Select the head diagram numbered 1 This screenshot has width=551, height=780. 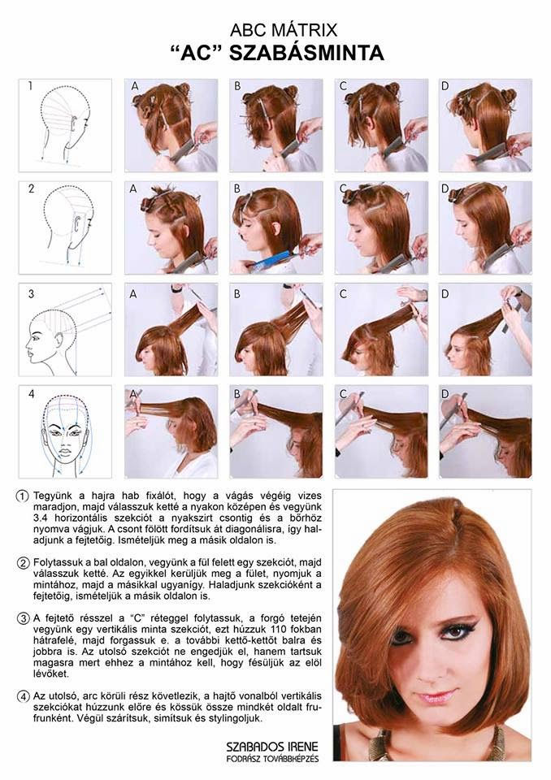(65, 125)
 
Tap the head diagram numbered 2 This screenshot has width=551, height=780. (65, 227)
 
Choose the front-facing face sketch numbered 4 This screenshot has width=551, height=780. (65, 431)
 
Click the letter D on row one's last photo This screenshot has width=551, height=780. (445, 86)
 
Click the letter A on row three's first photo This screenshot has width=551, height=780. (133, 294)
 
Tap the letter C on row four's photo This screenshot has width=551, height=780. (343, 395)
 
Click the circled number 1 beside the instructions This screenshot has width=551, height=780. (24, 496)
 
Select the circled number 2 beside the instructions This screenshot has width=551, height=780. (24, 563)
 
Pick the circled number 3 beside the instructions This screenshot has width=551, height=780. (24, 619)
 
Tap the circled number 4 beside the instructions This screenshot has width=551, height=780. (24, 696)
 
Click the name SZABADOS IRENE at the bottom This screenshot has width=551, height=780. (272, 747)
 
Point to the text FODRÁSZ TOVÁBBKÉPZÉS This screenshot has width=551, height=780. (272, 759)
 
